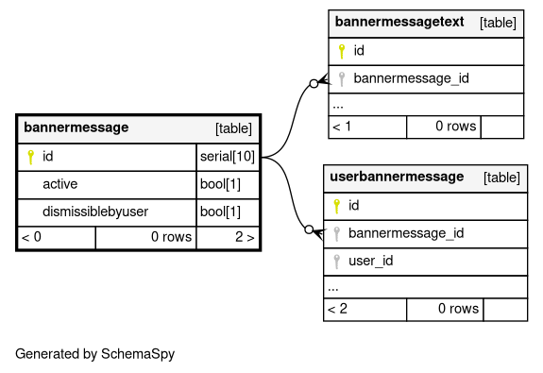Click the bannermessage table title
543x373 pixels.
[76, 127]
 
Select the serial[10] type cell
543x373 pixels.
[228, 157]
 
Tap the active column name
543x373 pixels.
[59, 184]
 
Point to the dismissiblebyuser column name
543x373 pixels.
[95, 212]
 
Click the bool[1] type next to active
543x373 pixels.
[220, 184]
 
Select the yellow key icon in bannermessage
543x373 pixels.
[31, 157]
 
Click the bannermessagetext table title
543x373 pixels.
[399, 22]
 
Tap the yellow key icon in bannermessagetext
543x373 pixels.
[342, 51]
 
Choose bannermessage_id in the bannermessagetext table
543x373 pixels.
[412, 78]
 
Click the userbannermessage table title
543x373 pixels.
[397, 177]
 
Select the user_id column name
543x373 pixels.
[371, 261]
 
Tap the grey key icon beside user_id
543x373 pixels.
[336, 262]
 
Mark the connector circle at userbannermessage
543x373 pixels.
[309, 229]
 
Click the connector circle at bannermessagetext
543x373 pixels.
[314, 83]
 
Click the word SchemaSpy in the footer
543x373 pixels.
[138, 354]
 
